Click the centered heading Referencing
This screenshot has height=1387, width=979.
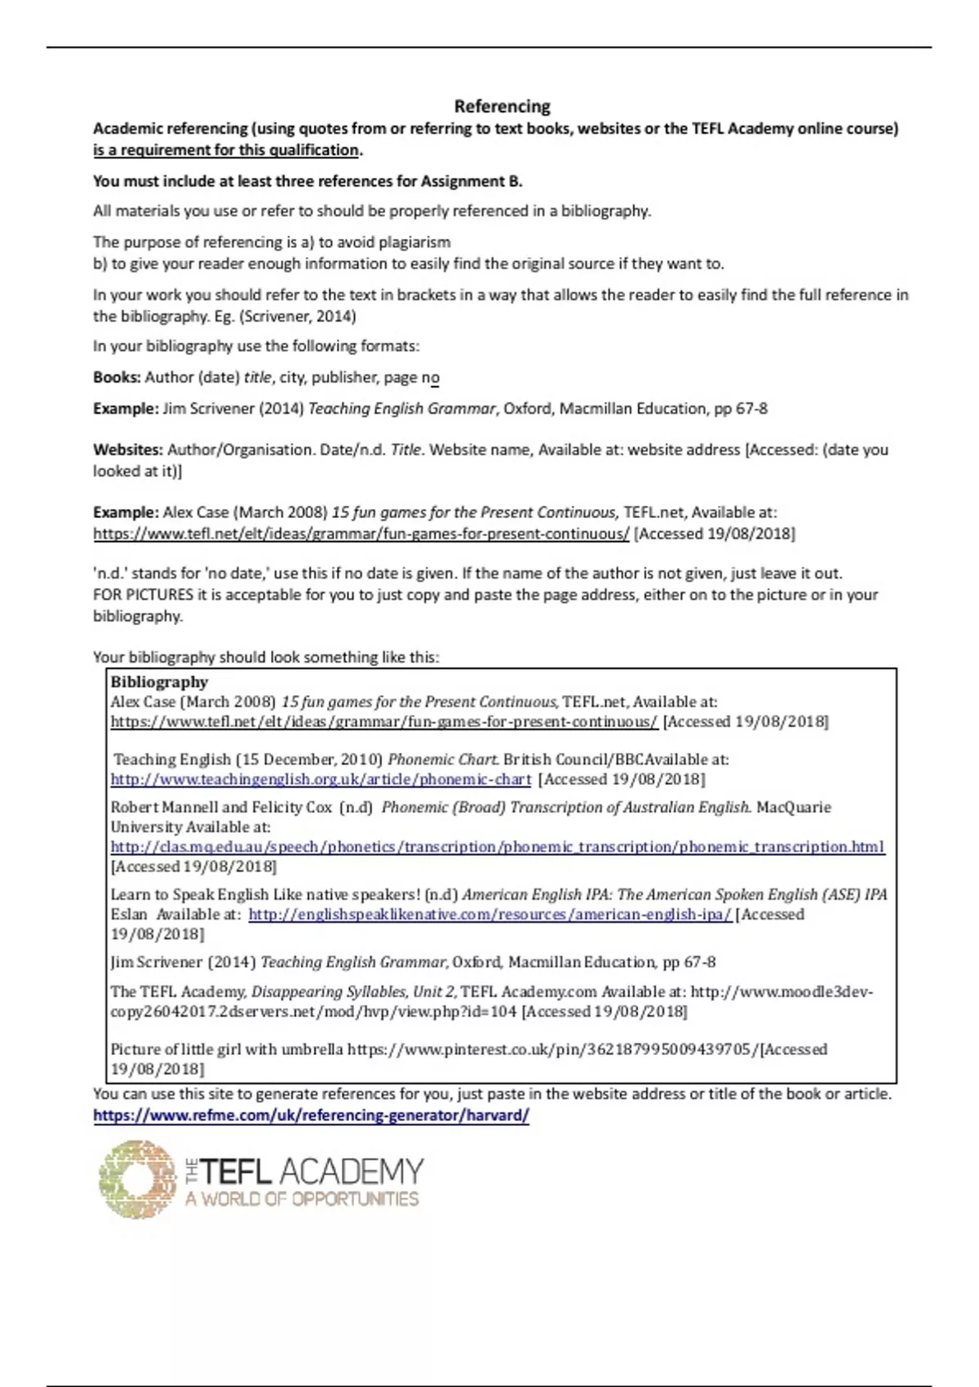coord(502,106)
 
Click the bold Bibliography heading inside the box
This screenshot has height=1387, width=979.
coord(159,682)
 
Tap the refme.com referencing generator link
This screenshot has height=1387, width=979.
coord(311,1115)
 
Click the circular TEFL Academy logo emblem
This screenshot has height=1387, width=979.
coord(137,1179)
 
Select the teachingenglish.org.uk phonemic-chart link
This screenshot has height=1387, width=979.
coord(321,779)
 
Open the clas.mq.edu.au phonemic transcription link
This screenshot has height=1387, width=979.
coord(497,847)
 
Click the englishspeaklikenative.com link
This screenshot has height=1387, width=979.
coord(489,915)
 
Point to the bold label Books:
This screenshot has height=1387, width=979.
coord(117,378)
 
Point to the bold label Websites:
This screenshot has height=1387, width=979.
coord(128,450)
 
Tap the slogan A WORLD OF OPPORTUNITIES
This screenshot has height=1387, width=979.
coord(302,1199)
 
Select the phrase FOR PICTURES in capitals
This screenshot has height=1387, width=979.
coord(144,595)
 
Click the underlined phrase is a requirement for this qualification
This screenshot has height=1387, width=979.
coord(226,150)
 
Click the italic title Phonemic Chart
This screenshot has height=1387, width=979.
coord(442,760)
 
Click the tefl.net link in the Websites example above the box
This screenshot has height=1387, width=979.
coord(361,534)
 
